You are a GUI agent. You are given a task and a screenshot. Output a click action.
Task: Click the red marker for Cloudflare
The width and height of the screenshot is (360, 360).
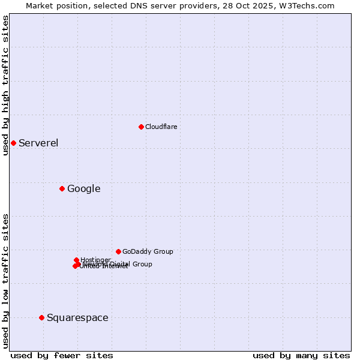tap(141, 127)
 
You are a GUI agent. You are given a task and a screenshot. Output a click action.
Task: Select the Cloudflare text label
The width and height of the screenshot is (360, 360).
tap(161, 127)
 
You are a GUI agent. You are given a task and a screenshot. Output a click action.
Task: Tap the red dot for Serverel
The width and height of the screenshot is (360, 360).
tap(13, 143)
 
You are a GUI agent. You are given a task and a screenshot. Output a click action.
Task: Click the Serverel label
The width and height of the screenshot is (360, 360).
tap(38, 143)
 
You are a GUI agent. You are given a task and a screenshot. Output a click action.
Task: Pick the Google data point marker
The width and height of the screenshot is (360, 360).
tap(62, 189)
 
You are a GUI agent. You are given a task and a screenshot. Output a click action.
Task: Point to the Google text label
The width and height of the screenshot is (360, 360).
tap(83, 189)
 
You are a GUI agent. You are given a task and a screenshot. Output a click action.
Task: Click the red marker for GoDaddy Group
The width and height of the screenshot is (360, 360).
tap(118, 251)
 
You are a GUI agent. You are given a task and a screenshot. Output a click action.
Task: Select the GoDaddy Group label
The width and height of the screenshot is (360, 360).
tap(147, 251)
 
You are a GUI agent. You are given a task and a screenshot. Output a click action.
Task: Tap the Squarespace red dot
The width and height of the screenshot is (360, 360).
tap(41, 317)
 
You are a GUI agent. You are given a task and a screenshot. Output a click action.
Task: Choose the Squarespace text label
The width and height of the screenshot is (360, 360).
tap(77, 317)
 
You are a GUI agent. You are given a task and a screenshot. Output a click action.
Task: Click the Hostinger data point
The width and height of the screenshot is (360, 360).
tap(76, 260)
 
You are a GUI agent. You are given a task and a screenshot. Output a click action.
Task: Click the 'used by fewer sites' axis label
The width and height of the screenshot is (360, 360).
tap(62, 355)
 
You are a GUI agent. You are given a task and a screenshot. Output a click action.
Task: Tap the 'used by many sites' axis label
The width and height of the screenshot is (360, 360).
tap(301, 355)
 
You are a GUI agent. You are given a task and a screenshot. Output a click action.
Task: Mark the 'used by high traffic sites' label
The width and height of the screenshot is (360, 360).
tap(5, 86)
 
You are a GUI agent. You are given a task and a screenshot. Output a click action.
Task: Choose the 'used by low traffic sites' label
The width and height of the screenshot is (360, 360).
tap(5, 281)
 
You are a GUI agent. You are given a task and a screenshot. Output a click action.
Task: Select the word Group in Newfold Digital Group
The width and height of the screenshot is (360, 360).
tap(142, 264)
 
